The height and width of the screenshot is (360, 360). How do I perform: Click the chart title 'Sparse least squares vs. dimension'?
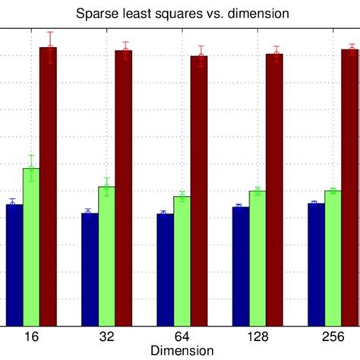click(x=179, y=13)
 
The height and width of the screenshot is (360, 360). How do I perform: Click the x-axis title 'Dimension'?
click(x=180, y=351)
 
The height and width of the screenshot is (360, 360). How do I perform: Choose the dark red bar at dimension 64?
click(x=198, y=191)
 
